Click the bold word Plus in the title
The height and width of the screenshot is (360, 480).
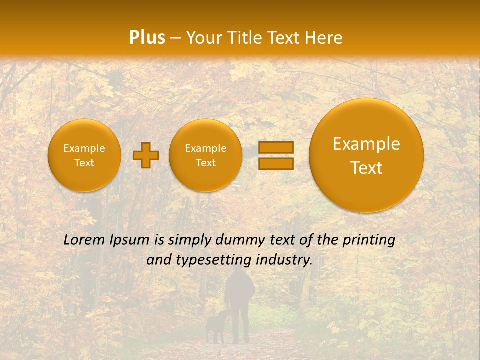coord(147,38)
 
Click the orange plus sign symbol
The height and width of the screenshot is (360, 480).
coord(146,155)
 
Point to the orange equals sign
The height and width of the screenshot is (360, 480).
coord(276,155)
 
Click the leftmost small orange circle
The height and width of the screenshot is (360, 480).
coord(84,155)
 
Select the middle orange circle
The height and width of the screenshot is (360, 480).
coord(206,155)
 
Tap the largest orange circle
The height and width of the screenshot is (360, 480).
coord(366,155)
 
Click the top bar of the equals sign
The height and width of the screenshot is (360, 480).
coord(276,147)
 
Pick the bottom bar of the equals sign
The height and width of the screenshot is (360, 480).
coord(276,163)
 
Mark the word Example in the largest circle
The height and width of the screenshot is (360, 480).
coord(366,144)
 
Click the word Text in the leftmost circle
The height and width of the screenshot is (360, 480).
coord(84,163)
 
